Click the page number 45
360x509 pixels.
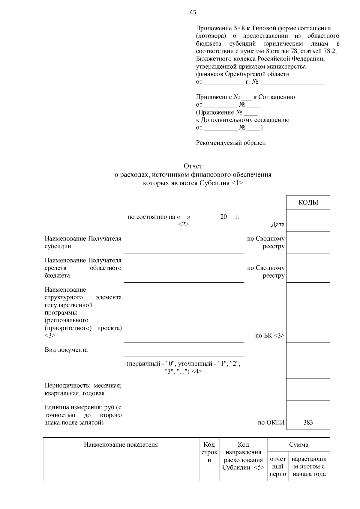(x=193, y=12)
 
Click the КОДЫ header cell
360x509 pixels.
(x=308, y=203)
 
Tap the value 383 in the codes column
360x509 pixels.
(x=308, y=422)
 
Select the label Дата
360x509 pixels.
(x=277, y=225)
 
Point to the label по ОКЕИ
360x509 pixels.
(x=271, y=423)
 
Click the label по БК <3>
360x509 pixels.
(x=270, y=335)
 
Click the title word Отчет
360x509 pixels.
(x=193, y=166)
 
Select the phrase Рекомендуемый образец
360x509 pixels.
(x=231, y=143)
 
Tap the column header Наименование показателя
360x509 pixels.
(x=121, y=445)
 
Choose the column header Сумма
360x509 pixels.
(x=298, y=445)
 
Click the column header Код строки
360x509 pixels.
(x=209, y=452)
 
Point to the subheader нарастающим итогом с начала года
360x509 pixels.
(x=309, y=466)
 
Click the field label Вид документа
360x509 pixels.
(x=66, y=350)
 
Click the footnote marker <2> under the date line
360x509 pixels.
(x=183, y=224)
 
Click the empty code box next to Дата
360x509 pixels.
(x=308, y=220)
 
